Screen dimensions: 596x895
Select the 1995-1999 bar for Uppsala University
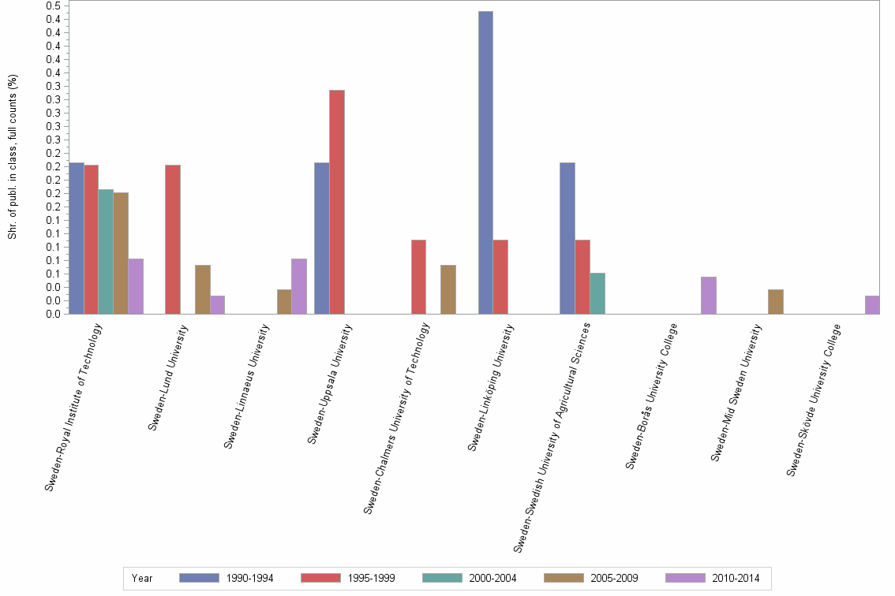[x=337, y=202]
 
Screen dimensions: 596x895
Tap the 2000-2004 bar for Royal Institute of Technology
[x=106, y=251]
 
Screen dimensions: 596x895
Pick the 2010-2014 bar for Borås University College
[x=709, y=296]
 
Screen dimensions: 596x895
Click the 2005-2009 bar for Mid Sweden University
[x=776, y=302]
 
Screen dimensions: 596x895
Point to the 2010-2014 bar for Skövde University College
[x=872, y=305]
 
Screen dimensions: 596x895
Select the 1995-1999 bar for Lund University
[x=173, y=240]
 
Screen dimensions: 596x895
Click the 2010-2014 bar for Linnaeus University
[x=299, y=286]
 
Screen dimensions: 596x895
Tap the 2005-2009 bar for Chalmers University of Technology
[x=448, y=289]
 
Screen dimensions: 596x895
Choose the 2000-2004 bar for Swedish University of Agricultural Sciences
[x=597, y=293]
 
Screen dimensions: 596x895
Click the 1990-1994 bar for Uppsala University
[x=322, y=238]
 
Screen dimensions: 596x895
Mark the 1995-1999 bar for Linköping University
[x=500, y=277]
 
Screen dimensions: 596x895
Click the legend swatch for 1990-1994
[x=199, y=578]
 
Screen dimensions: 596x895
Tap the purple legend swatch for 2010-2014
[x=685, y=578]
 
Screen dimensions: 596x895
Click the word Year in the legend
[x=142, y=579]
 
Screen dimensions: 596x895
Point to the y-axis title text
[x=13, y=158]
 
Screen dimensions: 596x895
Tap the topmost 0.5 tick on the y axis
[x=54, y=6]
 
